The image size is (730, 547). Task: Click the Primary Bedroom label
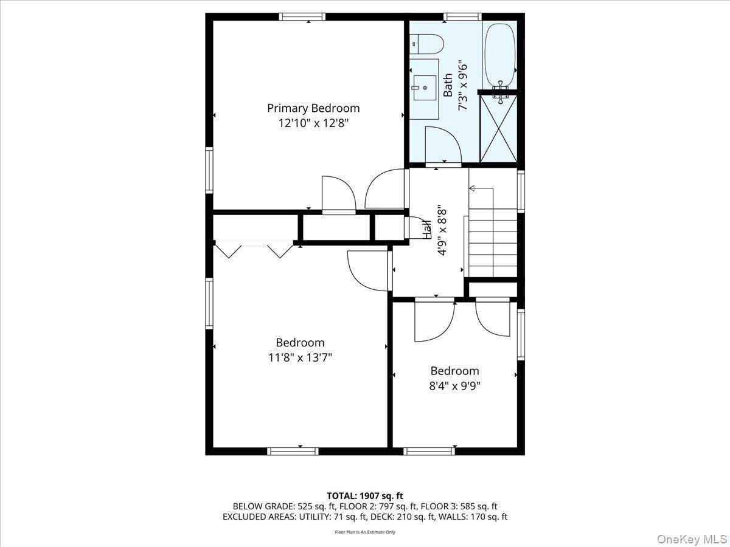(313, 108)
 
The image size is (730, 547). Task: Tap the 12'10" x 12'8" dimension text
(313, 123)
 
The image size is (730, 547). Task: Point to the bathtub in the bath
(500, 55)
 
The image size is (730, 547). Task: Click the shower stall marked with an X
(498, 128)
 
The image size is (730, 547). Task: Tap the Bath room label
(448, 86)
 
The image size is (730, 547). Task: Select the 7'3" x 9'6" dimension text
(463, 86)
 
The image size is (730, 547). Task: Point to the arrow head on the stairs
(472, 189)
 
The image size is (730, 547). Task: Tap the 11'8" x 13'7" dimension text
(300, 357)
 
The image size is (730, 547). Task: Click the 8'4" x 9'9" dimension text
(454, 385)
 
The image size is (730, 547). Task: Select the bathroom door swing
(443, 144)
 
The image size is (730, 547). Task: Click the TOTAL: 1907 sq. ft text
(365, 495)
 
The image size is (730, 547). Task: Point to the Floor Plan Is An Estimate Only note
(365, 532)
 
